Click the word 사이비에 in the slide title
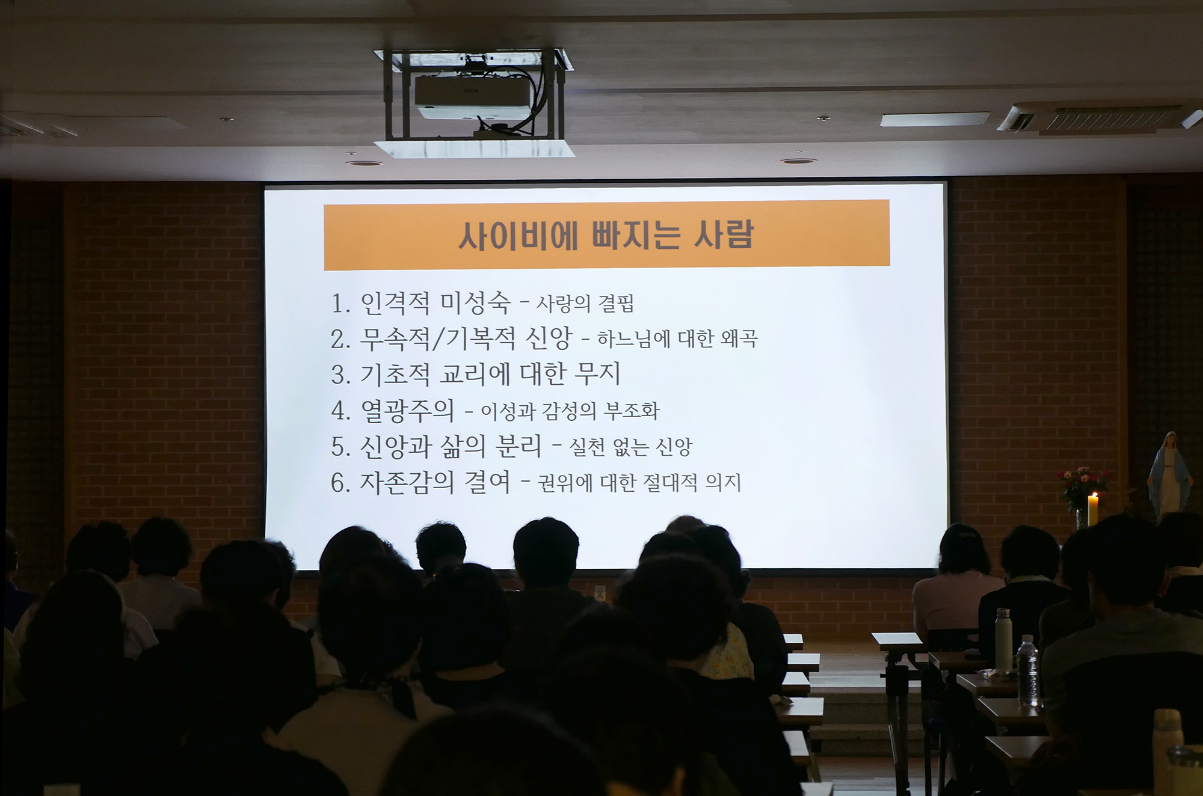[x=518, y=236]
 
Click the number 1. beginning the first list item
[x=341, y=304]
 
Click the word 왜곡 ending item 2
[x=739, y=338]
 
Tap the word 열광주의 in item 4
[x=407, y=410]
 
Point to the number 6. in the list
[x=341, y=483]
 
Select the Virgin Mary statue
[x=1169, y=476]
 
